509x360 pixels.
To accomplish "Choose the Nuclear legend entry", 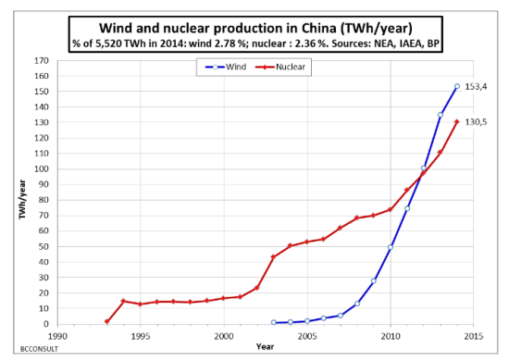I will coord(283,67).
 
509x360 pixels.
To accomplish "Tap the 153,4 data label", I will coord(476,86).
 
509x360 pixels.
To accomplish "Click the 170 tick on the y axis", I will coord(41,61).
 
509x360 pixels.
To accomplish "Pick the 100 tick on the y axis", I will coord(41,169).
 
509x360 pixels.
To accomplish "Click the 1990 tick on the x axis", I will coord(57,336).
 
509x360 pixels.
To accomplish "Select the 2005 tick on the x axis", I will coord(307,336).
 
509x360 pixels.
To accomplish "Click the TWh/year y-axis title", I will coord(20,199).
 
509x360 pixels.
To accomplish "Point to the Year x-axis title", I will coord(266,346).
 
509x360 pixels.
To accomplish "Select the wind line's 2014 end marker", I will coord(457,87).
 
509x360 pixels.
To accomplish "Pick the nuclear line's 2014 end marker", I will coord(457,122).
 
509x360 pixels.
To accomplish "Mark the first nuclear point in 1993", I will coord(107,322).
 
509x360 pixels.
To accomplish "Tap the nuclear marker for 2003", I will coord(274,257).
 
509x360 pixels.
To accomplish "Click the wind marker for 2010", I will coord(391,247).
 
